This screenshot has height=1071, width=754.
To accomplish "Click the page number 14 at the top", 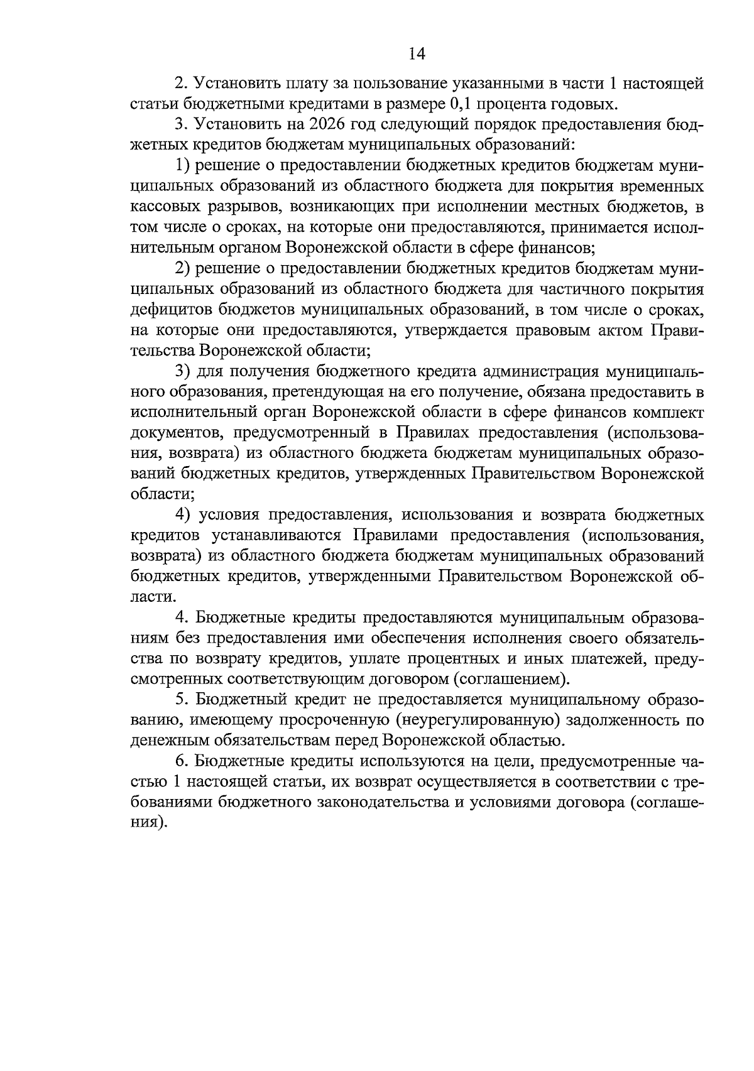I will [x=417, y=54].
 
